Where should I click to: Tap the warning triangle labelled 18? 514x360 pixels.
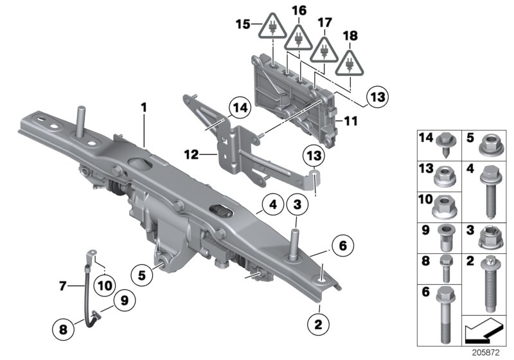(x=350, y=63)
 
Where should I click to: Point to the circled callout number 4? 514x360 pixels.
(x=272, y=206)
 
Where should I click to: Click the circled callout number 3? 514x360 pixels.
(x=297, y=206)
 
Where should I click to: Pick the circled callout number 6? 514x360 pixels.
(x=342, y=245)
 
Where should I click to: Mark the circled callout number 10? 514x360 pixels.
(x=105, y=280)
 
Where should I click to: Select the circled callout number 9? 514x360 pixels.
(x=121, y=300)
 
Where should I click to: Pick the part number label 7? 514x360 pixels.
(x=63, y=285)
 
